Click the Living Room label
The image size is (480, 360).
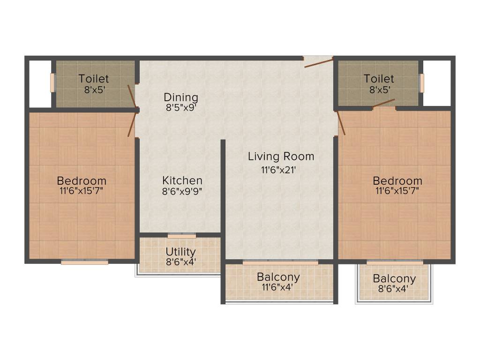[x=281, y=156]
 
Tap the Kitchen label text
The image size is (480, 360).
[x=182, y=180]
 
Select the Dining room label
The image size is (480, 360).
[x=181, y=97]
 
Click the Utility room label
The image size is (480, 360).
[x=180, y=252]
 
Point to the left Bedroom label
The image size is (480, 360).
[x=82, y=180]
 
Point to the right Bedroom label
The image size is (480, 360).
[x=397, y=180]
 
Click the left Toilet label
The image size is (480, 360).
[x=94, y=79]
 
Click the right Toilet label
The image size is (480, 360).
[x=379, y=79]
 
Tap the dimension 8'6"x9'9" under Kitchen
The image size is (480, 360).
[x=182, y=191]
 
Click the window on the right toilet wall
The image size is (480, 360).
[x=421, y=83]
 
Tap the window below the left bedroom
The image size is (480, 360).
[x=85, y=262]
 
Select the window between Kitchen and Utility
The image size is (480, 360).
[x=182, y=235]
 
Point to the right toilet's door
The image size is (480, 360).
[x=384, y=103]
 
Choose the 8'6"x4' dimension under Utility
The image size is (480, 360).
[x=180, y=262]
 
